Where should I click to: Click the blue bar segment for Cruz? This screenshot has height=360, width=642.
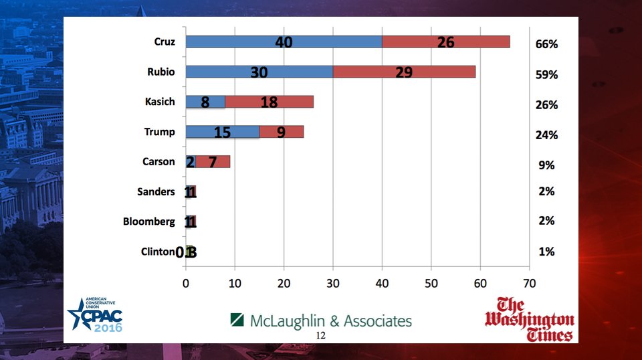(x=284, y=41)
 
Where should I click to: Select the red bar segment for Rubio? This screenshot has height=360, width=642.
(x=404, y=72)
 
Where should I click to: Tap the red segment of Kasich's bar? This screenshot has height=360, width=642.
(x=270, y=102)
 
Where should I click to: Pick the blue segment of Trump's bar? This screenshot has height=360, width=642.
(x=222, y=132)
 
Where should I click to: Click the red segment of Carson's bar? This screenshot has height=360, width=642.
(x=213, y=161)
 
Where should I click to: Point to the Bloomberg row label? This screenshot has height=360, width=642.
(x=148, y=221)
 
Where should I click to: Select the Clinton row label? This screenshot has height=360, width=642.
(x=158, y=252)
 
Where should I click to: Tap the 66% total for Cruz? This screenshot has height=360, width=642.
(x=546, y=45)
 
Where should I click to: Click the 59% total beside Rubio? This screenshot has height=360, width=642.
(x=546, y=75)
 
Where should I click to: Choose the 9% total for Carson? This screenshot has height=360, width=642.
(x=546, y=165)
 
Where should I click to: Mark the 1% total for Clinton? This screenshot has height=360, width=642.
(x=546, y=252)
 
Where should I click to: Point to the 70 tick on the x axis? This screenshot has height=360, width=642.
(x=529, y=282)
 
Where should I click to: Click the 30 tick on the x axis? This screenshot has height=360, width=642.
(x=333, y=282)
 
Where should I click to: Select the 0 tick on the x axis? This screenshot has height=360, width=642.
(x=186, y=282)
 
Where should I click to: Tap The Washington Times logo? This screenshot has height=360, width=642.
(x=530, y=319)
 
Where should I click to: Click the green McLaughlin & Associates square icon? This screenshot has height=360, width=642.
(x=237, y=321)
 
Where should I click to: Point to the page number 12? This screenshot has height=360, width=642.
(x=320, y=335)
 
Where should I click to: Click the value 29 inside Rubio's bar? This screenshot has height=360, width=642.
(x=404, y=72)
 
